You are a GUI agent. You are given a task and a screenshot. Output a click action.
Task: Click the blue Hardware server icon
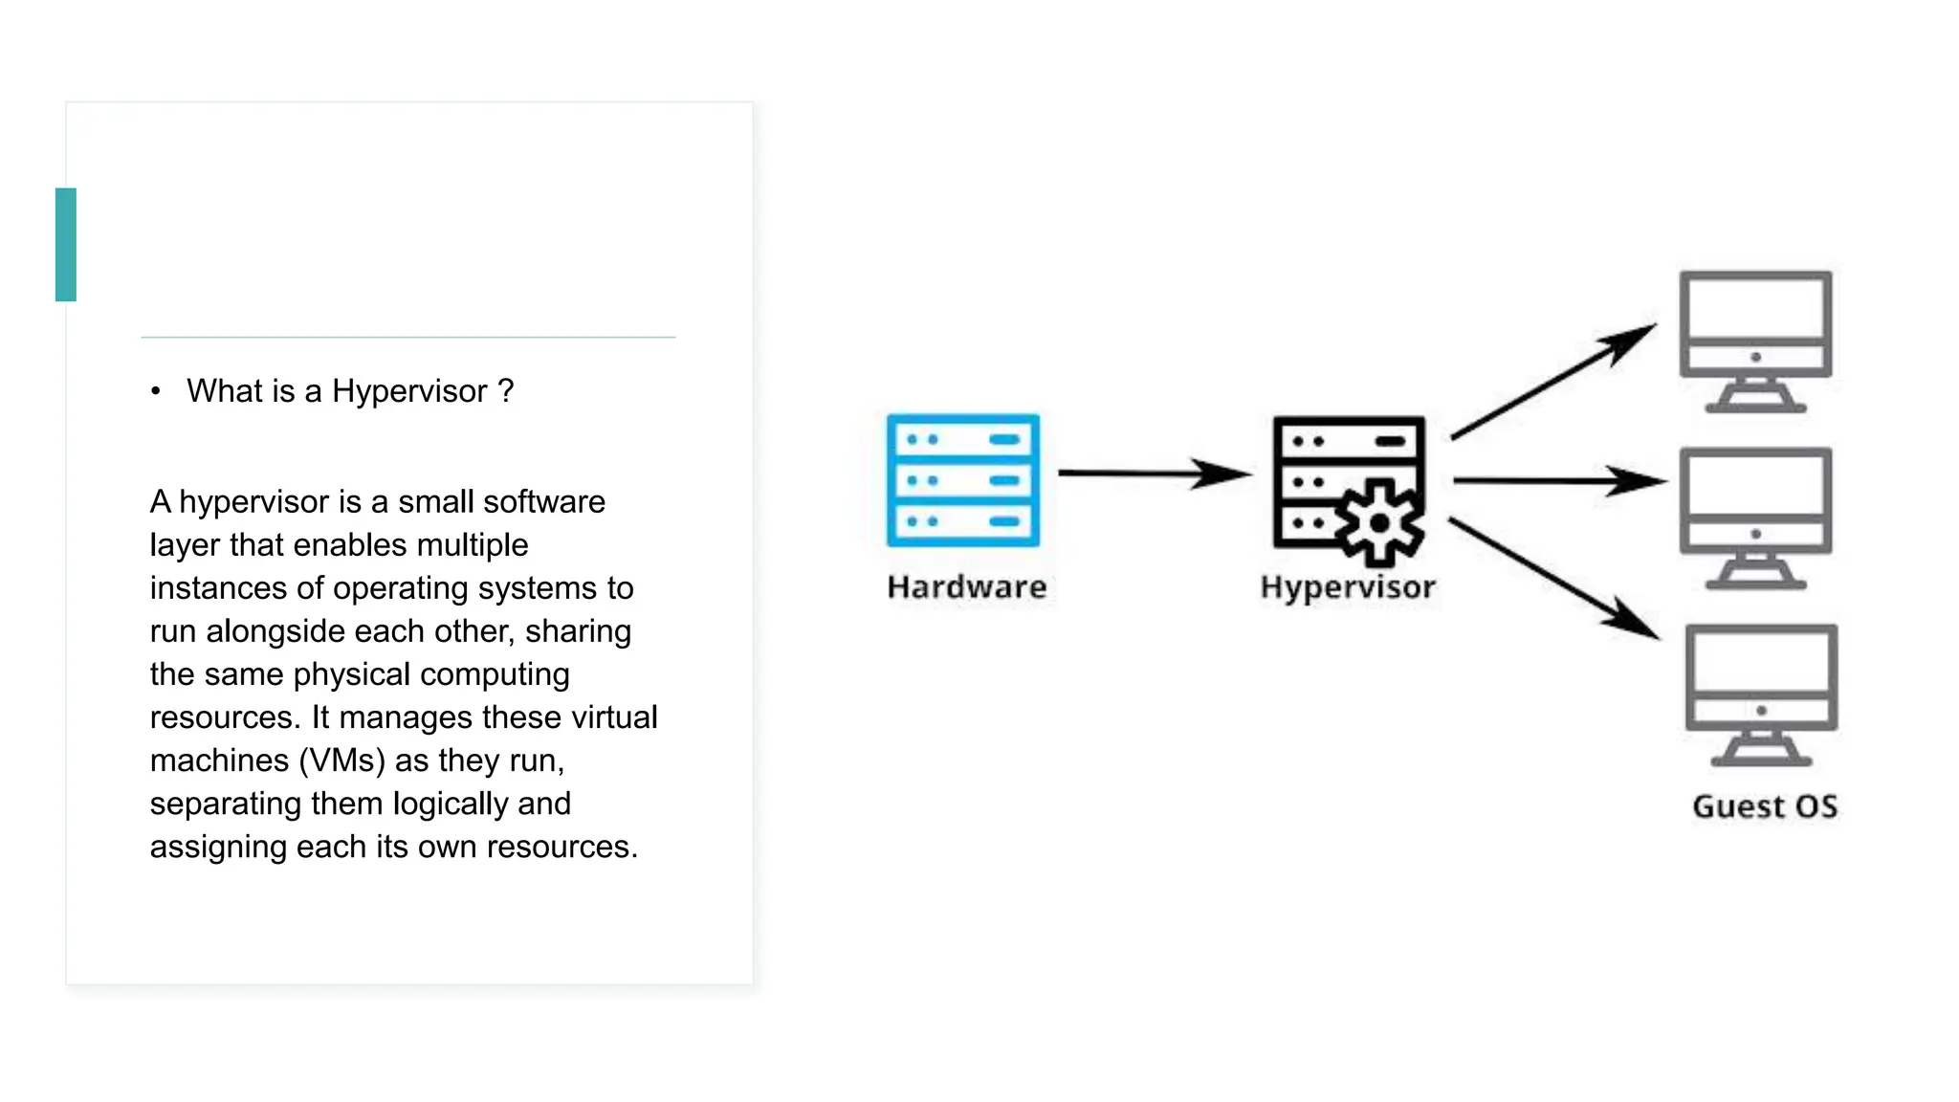[962, 480]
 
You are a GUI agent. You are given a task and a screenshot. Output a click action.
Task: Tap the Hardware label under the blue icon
[966, 586]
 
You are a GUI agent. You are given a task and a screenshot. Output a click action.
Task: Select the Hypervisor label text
[1347, 586]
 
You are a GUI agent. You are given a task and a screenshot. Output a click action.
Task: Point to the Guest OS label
[1764, 806]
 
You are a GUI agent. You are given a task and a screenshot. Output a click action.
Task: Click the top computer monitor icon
[1755, 340]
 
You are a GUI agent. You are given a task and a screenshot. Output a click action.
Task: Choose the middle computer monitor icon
[1755, 517]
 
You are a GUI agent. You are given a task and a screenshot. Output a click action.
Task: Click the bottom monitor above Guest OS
[1760, 694]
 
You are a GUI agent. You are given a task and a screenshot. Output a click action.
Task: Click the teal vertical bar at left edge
[66, 245]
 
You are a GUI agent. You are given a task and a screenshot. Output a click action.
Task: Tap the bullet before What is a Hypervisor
[156, 391]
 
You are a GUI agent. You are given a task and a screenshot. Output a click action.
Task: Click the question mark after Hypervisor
[506, 391]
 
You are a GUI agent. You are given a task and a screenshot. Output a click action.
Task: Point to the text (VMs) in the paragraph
[341, 760]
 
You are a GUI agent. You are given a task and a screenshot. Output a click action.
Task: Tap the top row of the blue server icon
[962, 439]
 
